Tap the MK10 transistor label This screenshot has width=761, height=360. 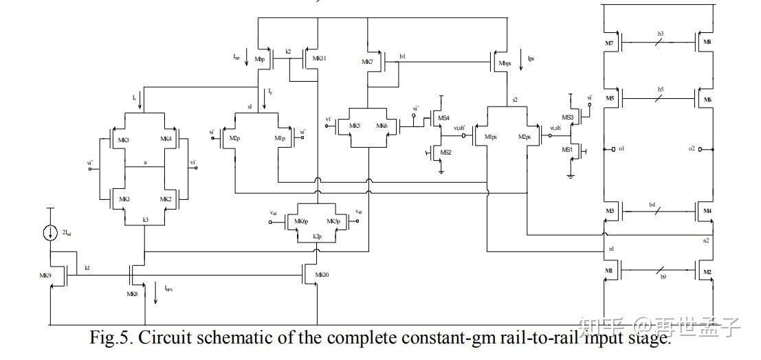tap(322, 274)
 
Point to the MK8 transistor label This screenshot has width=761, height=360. tap(133, 293)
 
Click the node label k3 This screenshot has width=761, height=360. tap(145, 219)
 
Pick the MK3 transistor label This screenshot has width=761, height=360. tap(124, 139)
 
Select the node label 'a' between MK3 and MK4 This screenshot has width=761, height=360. tap(145, 163)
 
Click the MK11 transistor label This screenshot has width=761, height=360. tap(319, 59)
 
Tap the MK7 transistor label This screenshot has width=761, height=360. tap(367, 62)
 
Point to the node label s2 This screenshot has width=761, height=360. tap(514, 100)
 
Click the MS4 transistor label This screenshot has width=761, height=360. tap(444, 118)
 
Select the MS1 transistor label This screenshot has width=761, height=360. tap(567, 149)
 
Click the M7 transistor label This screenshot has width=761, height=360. tap(609, 44)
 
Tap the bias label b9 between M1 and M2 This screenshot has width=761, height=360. tap(663, 277)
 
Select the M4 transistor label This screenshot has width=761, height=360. tap(707, 211)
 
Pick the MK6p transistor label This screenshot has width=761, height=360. tap(300, 221)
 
